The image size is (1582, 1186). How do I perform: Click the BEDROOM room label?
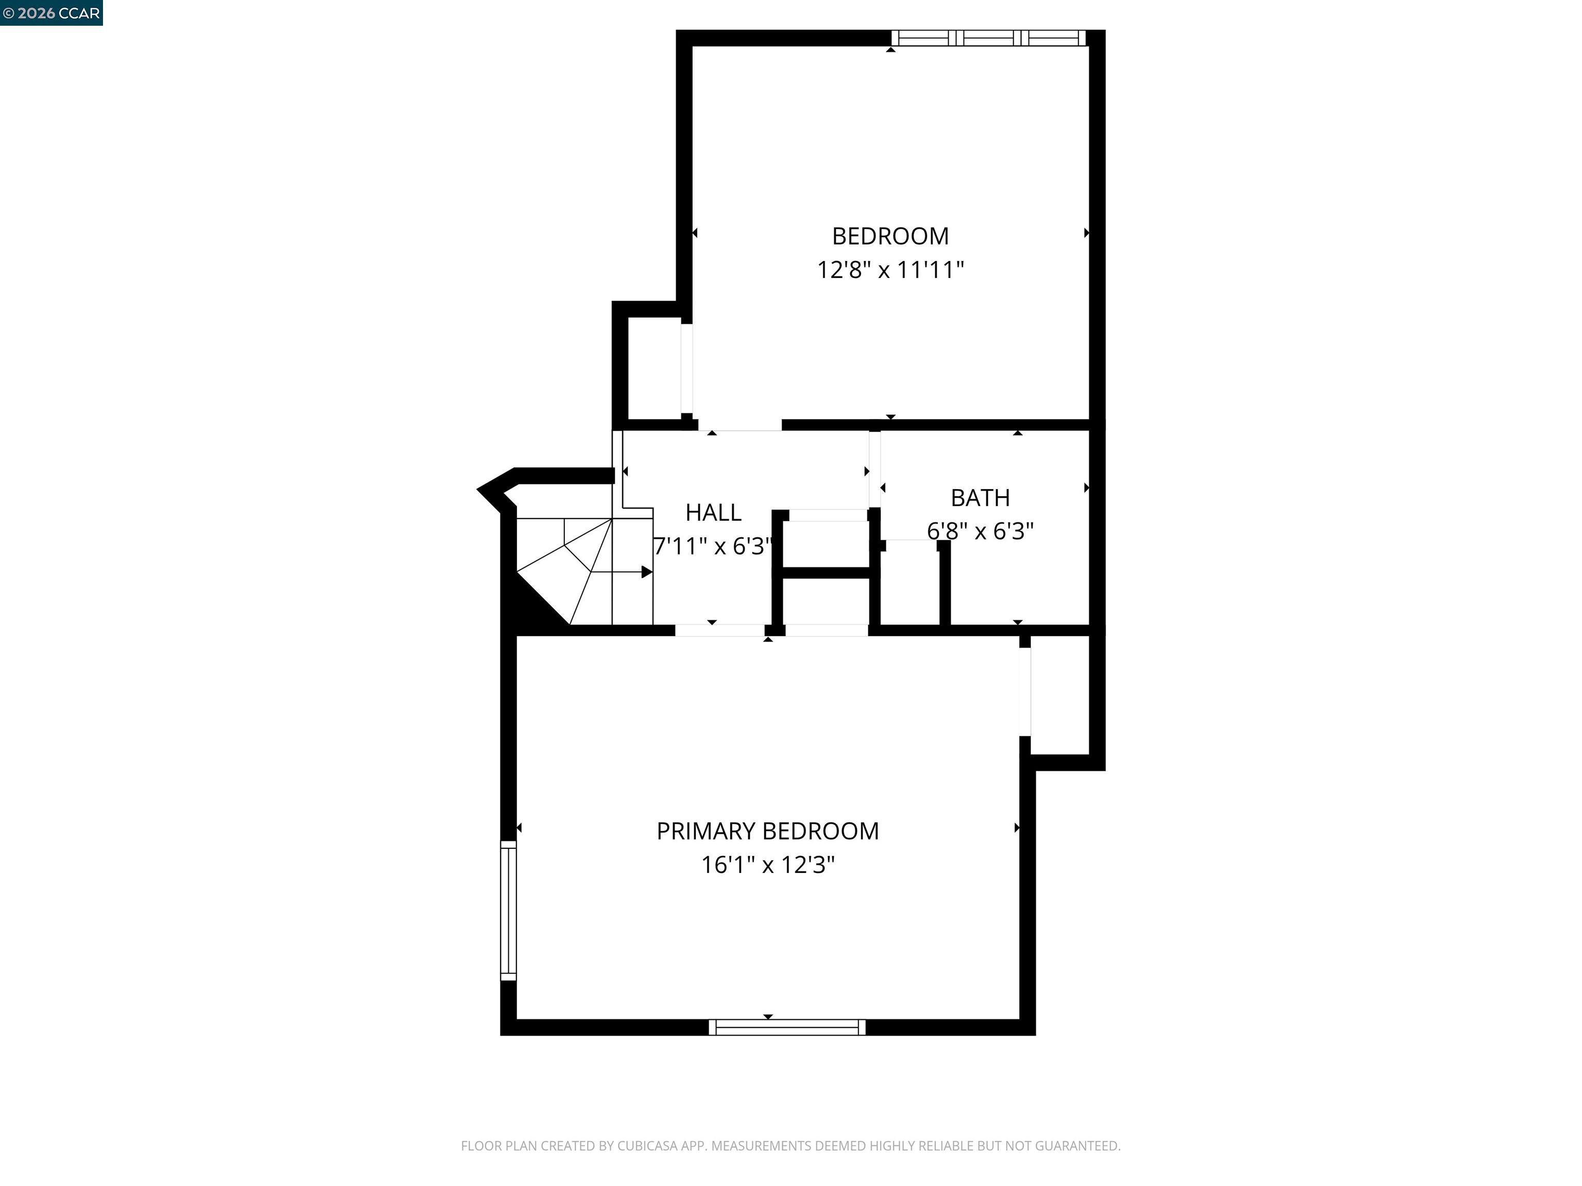pyautogui.click(x=890, y=236)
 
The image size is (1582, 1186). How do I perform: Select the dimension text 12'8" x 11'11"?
pyautogui.click(x=890, y=270)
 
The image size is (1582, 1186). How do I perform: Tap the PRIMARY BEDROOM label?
pyautogui.click(x=767, y=831)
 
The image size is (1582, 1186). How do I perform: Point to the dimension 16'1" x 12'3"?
pyautogui.click(x=767, y=865)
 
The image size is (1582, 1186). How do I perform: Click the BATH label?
pyautogui.click(x=980, y=498)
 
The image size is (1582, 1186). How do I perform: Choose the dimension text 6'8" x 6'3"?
pyautogui.click(x=980, y=531)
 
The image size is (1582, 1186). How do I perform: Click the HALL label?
pyautogui.click(x=713, y=513)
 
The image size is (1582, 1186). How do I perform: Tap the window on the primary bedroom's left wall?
pyautogui.click(x=508, y=910)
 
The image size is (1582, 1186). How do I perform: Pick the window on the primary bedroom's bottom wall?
pyautogui.click(x=787, y=1027)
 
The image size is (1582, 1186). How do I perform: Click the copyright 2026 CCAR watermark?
pyautogui.click(x=51, y=13)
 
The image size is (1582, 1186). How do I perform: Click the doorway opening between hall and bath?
pyautogui.click(x=874, y=469)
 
